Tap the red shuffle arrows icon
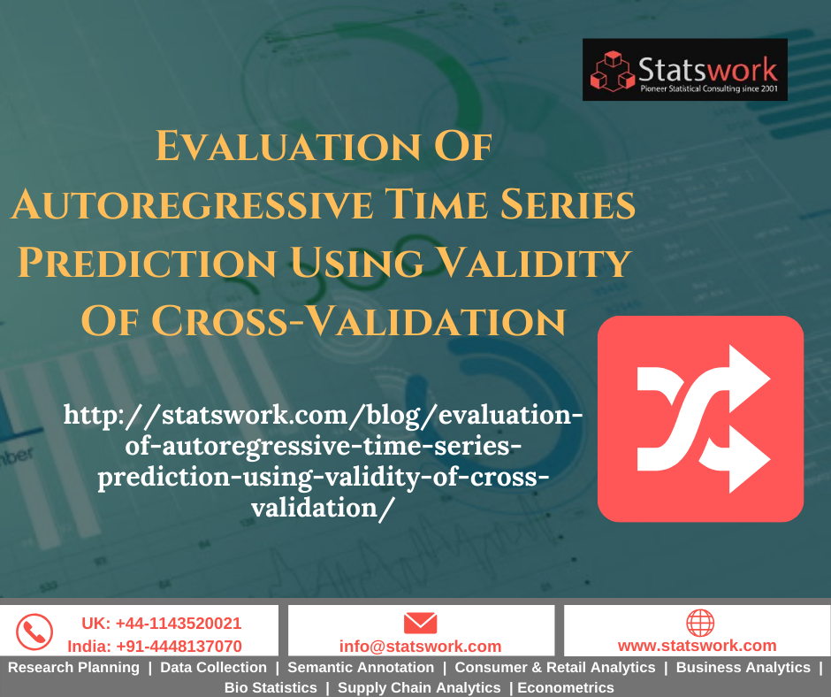pyautogui.click(x=700, y=418)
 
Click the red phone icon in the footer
pyautogui.click(x=34, y=632)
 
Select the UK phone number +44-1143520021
pyautogui.click(x=161, y=624)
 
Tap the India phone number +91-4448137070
pyautogui.click(x=155, y=647)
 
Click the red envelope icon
pyautogui.click(x=421, y=623)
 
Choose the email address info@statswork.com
pyautogui.click(x=420, y=647)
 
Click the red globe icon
pyautogui.click(x=700, y=623)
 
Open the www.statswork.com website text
pyautogui.click(x=697, y=646)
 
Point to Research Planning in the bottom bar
pyautogui.click(x=73, y=668)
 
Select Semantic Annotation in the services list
pyautogui.click(x=361, y=668)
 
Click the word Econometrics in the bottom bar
pyautogui.click(x=566, y=687)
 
